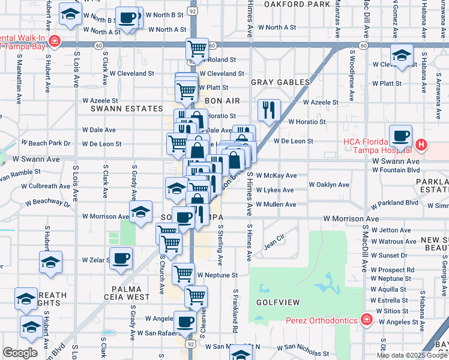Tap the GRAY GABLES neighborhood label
[x=280, y=82]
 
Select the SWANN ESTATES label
[x=127, y=109]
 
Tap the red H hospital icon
[x=421, y=145]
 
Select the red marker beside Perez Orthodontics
[x=366, y=319]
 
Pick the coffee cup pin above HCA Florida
[x=400, y=136]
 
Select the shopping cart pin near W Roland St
[x=197, y=48]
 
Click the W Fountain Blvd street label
[x=396, y=170]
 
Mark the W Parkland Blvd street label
[x=394, y=202]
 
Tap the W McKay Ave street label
[x=276, y=176]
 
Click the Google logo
[x=20, y=353]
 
